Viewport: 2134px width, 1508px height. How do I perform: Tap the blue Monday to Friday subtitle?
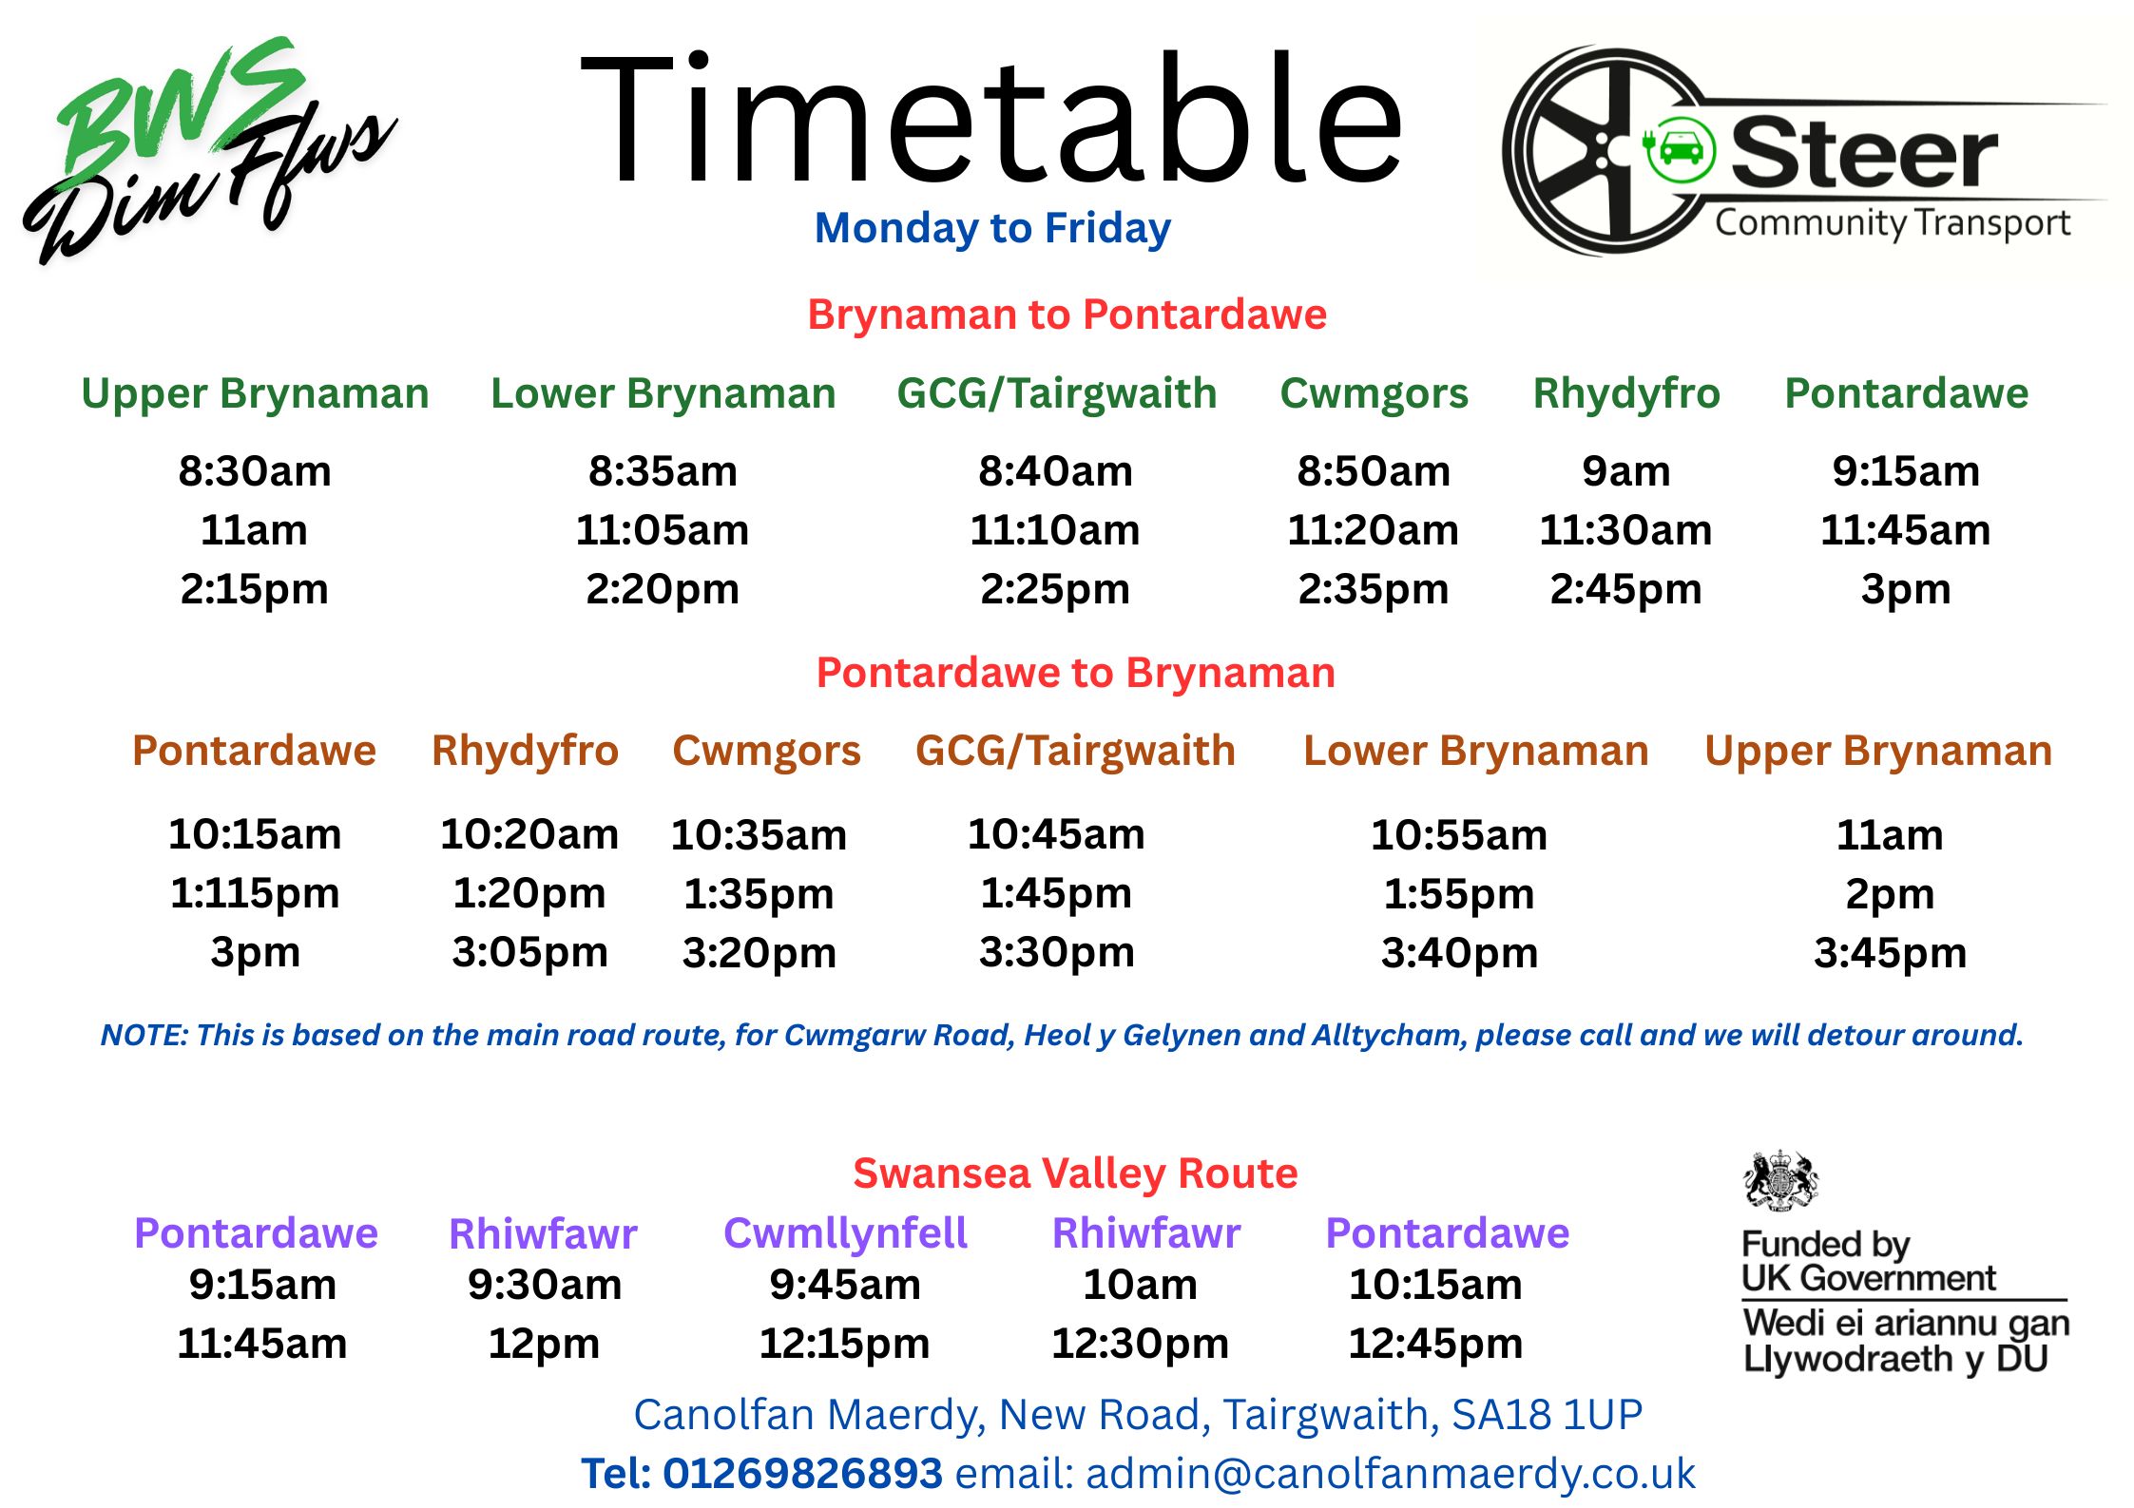click(992, 229)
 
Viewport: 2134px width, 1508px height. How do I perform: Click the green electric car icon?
click(1680, 150)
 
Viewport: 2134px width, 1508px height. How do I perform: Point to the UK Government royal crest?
click(1780, 1181)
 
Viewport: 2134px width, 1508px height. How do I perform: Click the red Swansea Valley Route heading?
click(1075, 1174)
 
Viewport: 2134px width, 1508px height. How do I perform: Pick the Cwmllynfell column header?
click(845, 1233)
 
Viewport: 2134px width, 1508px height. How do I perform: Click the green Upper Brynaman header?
click(255, 393)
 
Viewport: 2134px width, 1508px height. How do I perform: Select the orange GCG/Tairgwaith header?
click(1075, 751)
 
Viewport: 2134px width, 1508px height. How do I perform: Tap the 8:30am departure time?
click(255, 471)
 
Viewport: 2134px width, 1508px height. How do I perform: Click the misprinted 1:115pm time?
click(255, 894)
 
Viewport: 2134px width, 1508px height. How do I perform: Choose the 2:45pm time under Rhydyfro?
click(1625, 590)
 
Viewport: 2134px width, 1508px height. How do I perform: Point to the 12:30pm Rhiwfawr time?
click(1140, 1344)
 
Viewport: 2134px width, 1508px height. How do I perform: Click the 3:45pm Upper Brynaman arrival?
click(1890, 953)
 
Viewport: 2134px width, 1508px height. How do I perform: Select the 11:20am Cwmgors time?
click(1373, 530)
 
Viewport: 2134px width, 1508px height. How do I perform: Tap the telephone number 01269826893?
click(802, 1474)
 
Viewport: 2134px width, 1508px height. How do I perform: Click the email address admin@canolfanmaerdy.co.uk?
click(1390, 1474)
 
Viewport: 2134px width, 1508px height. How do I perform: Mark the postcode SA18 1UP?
click(1547, 1415)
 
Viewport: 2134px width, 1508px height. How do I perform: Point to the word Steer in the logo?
click(1864, 154)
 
